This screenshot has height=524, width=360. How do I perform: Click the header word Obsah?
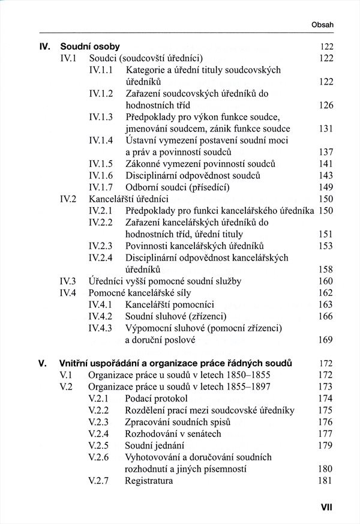pyautogui.click(x=322, y=25)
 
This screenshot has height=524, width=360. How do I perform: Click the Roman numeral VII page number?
pyautogui.click(x=326, y=507)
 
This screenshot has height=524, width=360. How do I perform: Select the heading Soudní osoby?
pyautogui.click(x=90, y=46)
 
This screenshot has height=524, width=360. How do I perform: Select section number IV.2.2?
pyautogui.click(x=101, y=222)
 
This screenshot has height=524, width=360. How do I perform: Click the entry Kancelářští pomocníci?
pyautogui.click(x=170, y=304)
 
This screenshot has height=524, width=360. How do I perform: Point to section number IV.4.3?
pyautogui.click(x=101, y=328)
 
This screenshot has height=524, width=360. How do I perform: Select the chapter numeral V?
pyautogui.click(x=42, y=363)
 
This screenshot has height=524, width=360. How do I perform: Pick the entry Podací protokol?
pyautogui.click(x=156, y=398)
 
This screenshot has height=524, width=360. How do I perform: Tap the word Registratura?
pyautogui.click(x=149, y=481)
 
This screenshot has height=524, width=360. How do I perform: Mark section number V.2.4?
pyautogui.click(x=98, y=433)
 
